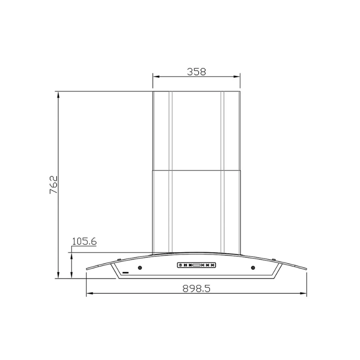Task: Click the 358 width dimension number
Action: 197,72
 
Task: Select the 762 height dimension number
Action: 54,185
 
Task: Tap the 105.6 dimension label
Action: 84,241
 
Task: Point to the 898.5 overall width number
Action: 197,288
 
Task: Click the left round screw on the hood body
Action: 140,268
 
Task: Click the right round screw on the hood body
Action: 253,268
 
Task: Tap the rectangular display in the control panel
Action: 196,265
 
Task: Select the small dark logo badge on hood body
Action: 126,273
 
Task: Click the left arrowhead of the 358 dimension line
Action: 156,76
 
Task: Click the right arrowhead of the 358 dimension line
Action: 237,76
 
